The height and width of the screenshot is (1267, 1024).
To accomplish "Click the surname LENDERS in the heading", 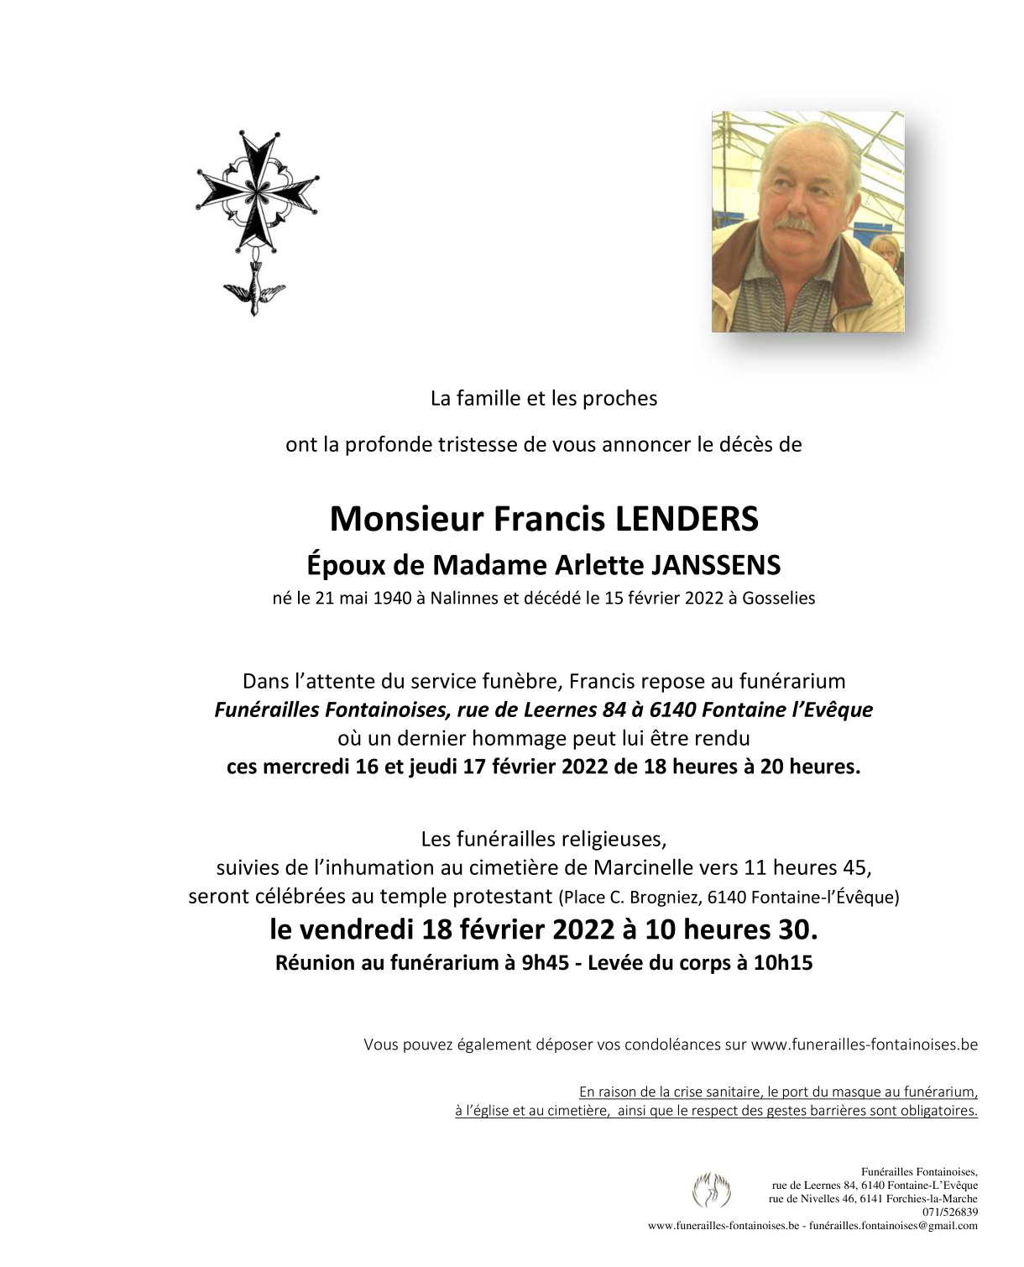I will (x=687, y=519).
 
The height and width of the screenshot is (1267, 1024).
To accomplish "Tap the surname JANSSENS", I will (x=716, y=565).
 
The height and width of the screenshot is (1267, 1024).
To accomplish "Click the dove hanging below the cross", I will (x=253, y=288).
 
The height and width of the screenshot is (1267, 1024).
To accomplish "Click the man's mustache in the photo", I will (x=794, y=224).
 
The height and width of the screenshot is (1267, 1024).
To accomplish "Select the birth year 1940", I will (x=392, y=599).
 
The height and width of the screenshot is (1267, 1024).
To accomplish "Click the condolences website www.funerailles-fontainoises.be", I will (x=864, y=1045).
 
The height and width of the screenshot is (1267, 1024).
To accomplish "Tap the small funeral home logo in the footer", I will (x=711, y=1191).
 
